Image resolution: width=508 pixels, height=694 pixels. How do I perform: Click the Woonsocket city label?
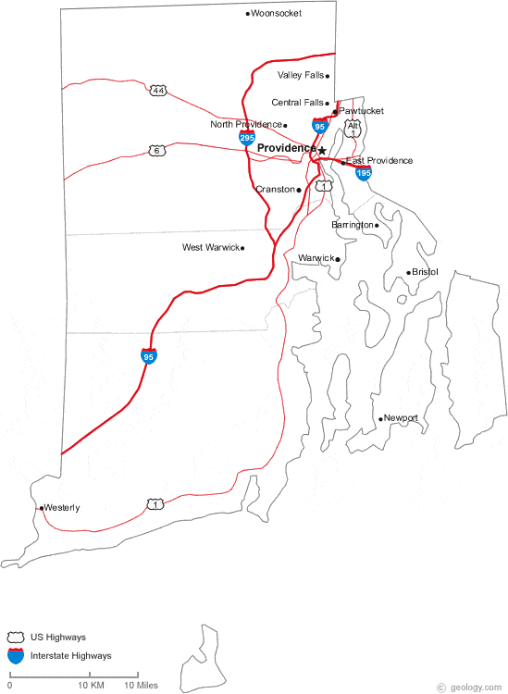coord(279,14)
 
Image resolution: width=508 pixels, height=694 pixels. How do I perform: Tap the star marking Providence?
coord(322,149)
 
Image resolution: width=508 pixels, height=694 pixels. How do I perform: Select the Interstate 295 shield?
coord(246,138)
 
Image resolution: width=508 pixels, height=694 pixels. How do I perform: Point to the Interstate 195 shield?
coord(364,173)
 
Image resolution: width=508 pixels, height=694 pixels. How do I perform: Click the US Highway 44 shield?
coord(159,91)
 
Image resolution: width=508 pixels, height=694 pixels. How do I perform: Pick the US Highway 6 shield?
coord(157,151)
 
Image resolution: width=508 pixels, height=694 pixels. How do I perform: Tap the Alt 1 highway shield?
coord(353,129)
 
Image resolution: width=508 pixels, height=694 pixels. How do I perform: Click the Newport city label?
coord(402,418)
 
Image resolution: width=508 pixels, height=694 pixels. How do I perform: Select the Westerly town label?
coord(63,508)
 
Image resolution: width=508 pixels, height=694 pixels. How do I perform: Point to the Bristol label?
coord(426,272)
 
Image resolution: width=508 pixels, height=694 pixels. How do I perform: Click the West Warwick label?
coord(211,248)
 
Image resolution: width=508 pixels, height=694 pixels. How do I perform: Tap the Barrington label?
coord(353,225)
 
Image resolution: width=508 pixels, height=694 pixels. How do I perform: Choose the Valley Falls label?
coord(301,75)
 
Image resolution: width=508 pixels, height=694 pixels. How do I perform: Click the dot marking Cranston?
coord(299,190)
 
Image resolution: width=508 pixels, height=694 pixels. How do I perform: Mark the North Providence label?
coord(246,124)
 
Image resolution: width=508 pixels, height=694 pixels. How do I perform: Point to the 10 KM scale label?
coord(90,686)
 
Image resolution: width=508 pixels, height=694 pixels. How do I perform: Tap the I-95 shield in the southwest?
coord(148,355)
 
